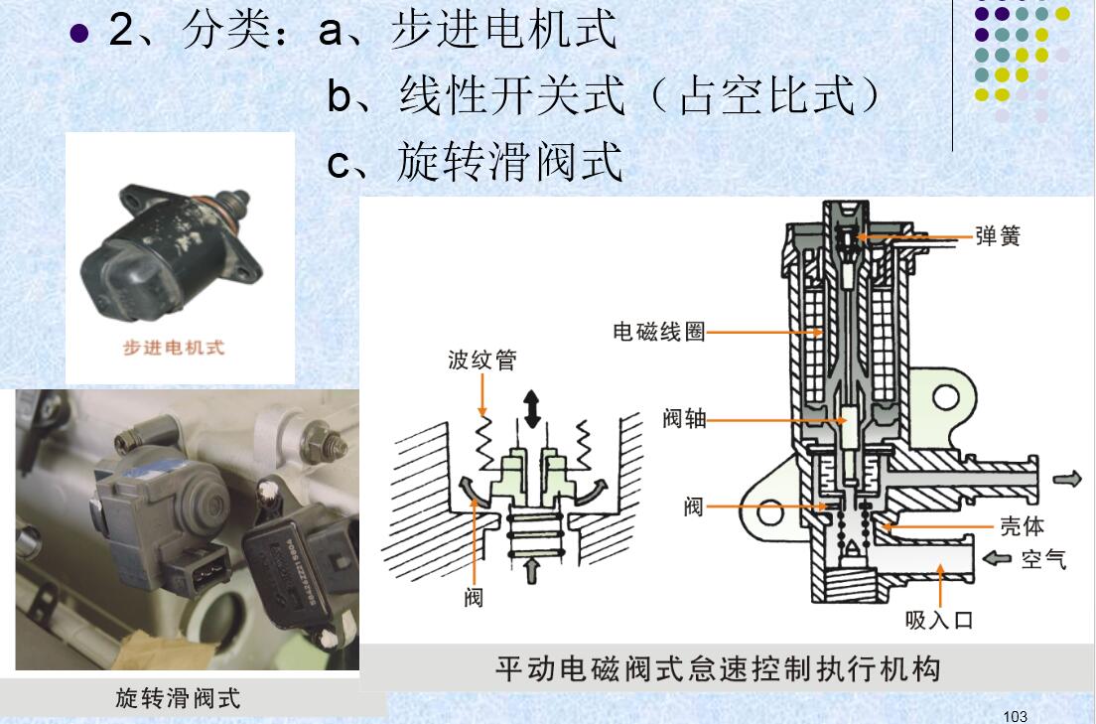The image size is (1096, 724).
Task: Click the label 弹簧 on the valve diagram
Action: tap(997, 236)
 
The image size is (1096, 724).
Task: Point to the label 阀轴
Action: tap(684, 419)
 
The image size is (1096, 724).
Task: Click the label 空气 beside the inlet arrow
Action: tap(1043, 559)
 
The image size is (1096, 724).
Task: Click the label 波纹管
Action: tap(481, 360)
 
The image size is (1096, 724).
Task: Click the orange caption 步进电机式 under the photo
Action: tap(174, 347)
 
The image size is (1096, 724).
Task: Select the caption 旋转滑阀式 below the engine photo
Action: tap(179, 697)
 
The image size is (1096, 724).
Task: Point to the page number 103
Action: tap(1015, 716)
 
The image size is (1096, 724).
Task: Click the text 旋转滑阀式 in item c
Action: tap(509, 162)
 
